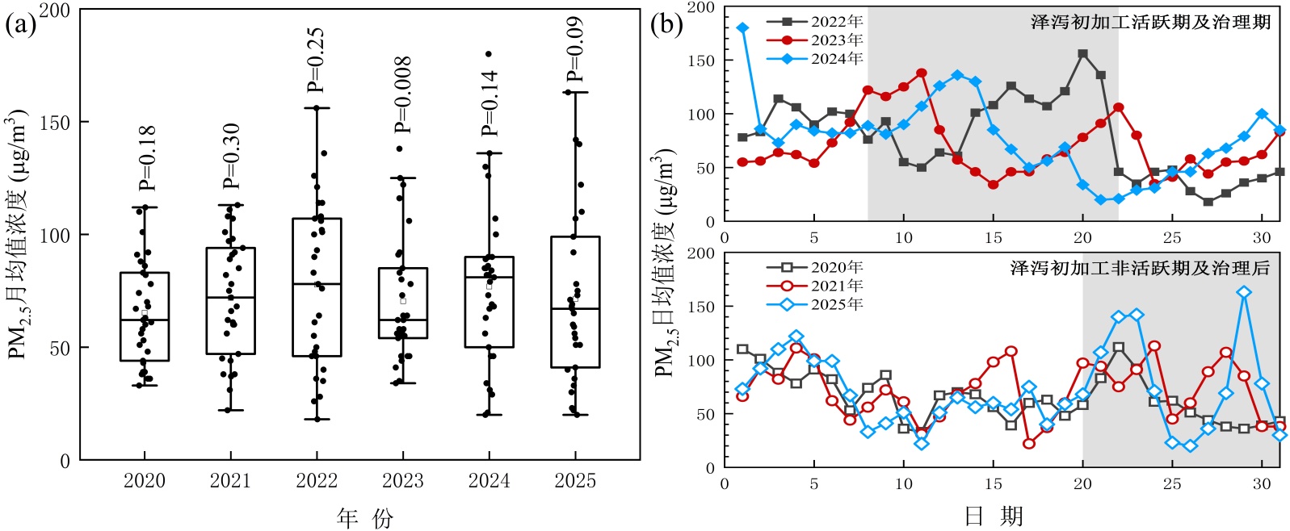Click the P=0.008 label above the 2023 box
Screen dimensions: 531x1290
(403, 95)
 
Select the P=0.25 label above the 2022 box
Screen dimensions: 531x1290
(317, 60)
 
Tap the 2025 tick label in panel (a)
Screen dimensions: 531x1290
(575, 481)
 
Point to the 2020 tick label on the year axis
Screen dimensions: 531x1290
(145, 481)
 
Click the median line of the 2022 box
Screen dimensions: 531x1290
(317, 284)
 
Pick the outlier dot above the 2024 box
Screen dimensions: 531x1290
(489, 54)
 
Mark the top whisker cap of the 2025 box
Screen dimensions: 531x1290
(575, 93)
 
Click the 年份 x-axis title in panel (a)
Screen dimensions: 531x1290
(364, 517)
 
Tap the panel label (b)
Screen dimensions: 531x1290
(666, 24)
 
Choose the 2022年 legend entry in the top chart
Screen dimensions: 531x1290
(836, 22)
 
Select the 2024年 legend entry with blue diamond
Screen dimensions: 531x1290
(836, 59)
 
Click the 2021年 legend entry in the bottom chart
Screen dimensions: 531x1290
(836, 286)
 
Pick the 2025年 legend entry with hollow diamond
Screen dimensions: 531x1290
(836, 304)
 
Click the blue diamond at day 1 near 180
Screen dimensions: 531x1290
(743, 28)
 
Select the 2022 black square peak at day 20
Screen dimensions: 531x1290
(1083, 54)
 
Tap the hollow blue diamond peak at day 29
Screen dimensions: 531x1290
(1244, 292)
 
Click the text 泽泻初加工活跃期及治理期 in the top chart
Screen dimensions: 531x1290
(1150, 23)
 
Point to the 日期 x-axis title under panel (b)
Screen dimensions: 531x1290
(994, 516)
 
